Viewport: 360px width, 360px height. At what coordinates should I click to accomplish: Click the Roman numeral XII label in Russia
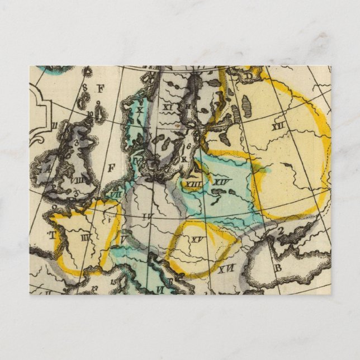[278, 127]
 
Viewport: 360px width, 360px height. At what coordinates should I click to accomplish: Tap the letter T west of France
[54, 235]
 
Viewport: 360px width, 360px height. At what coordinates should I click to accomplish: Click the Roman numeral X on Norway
[140, 110]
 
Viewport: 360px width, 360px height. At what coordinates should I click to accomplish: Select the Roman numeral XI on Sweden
[168, 105]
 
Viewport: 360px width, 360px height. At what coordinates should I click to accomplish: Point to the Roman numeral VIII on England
[77, 180]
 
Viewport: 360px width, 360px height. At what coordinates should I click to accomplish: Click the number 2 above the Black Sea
[281, 229]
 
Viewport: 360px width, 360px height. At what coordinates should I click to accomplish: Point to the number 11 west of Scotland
[54, 125]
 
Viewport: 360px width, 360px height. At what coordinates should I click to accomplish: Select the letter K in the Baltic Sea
[184, 158]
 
